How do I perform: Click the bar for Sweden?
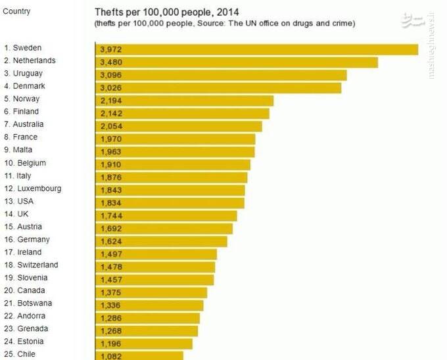[x=256, y=49]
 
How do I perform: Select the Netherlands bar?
[x=237, y=62]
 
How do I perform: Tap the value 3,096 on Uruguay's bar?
[x=111, y=75]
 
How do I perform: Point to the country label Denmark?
[x=29, y=86]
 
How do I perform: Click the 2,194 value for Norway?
[x=111, y=101]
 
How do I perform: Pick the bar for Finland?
[x=182, y=113]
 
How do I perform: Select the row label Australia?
[x=28, y=124]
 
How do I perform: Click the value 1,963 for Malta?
[x=111, y=152]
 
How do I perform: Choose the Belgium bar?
[x=173, y=164]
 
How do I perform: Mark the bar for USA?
[x=170, y=203]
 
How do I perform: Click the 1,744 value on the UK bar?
[x=111, y=215]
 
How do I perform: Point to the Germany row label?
[x=31, y=240]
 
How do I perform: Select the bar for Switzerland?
[x=155, y=267]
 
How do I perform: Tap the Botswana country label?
[x=32, y=304]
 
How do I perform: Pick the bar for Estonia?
[x=144, y=344]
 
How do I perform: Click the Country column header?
[x=16, y=11]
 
